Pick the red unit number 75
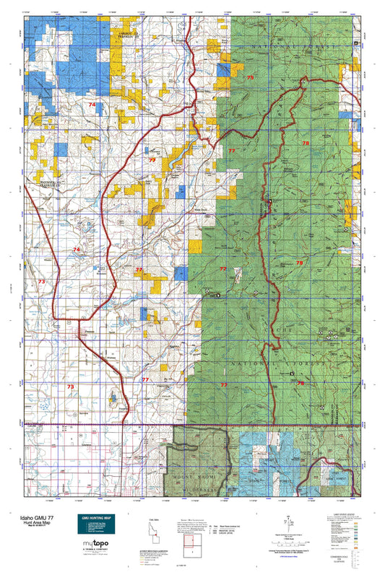[251, 77]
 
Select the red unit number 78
[306, 144]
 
